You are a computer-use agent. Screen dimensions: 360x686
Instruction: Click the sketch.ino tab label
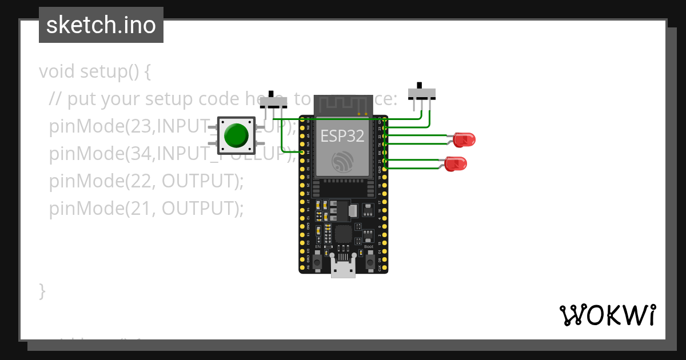pos(101,25)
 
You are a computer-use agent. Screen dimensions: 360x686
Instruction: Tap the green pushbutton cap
pos(236,135)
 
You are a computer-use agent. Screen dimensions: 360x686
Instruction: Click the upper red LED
pos(464,139)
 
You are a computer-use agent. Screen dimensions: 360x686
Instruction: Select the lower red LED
pos(456,165)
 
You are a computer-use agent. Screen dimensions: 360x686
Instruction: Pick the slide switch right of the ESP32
pos(422,93)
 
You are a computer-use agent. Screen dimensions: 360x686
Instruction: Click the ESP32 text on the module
pos(342,136)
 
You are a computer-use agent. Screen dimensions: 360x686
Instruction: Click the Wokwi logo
pos(608,315)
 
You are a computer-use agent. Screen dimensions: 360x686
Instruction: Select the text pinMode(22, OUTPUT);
pos(146,181)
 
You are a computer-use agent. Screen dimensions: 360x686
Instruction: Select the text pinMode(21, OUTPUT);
pos(146,209)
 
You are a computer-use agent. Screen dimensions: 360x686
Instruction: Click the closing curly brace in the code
pos(42,290)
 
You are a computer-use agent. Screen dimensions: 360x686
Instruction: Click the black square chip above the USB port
pos(343,233)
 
